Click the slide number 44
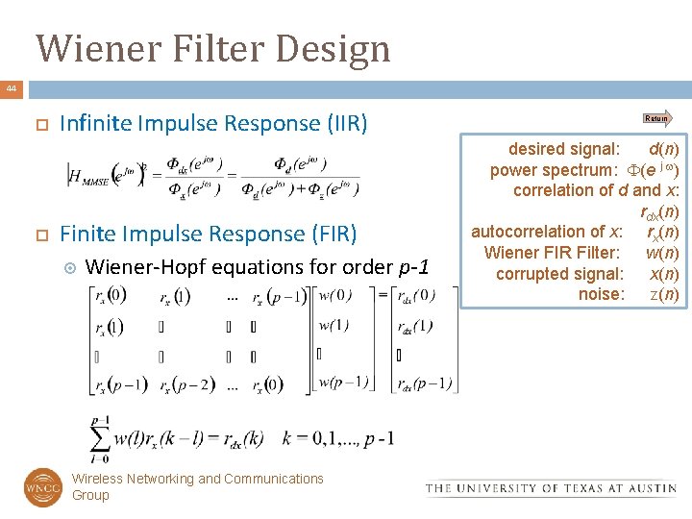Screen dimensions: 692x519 [11, 88]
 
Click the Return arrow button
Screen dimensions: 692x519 [657, 118]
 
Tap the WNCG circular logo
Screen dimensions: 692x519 [42, 486]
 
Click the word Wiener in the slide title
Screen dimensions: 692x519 [91, 48]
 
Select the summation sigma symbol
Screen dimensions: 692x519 [100, 438]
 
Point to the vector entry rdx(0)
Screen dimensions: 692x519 [415, 295]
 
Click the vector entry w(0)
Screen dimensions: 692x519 [335, 295]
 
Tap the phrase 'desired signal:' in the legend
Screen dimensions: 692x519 [563, 149]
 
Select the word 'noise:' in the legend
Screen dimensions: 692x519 [602, 294]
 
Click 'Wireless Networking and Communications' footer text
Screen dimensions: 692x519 [198, 479]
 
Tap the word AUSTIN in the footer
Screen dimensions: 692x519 [649, 488]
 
